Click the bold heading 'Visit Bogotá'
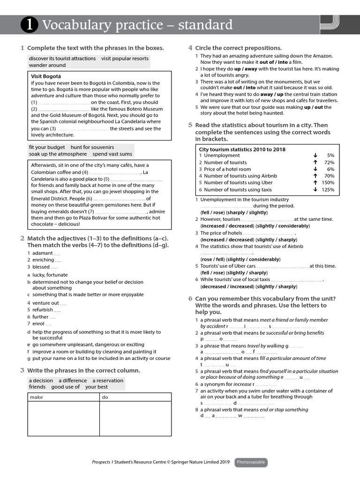[46, 76]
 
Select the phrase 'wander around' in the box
[47, 65]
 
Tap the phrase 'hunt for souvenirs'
[92, 147]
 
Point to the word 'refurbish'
[43, 310]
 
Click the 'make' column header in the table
[36, 397]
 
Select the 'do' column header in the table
[105, 397]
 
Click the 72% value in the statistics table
[329, 162]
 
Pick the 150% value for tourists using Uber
[328, 183]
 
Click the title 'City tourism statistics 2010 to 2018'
[242, 149]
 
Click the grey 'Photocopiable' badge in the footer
[251, 462]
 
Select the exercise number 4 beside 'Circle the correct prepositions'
[190, 48]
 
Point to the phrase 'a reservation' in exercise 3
[108, 381]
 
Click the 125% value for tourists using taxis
[328, 190]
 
